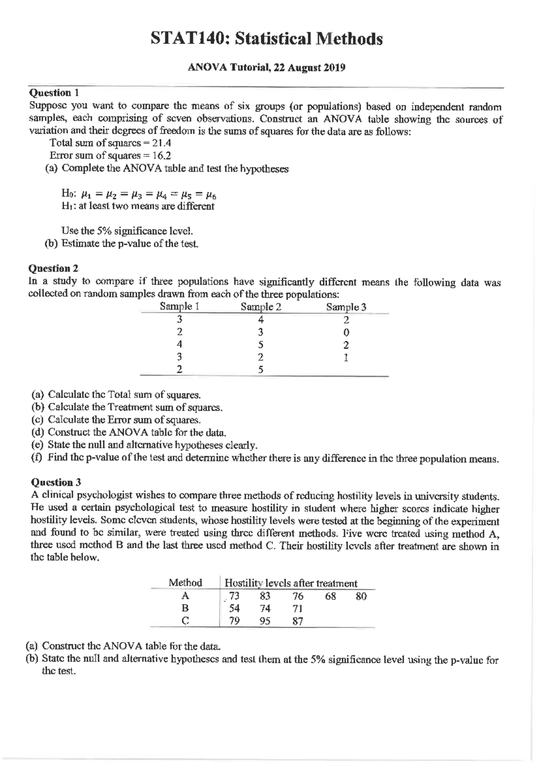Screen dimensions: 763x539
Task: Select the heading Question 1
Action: point(54,93)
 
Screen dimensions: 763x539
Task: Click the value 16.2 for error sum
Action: point(162,156)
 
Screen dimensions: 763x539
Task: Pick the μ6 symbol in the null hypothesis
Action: point(212,195)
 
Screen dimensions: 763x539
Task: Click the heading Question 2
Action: point(53,268)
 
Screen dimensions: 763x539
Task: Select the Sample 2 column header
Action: point(261,307)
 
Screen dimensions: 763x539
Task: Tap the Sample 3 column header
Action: point(346,307)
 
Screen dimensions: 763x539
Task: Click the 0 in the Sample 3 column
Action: point(346,333)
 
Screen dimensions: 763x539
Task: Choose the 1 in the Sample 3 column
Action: point(346,358)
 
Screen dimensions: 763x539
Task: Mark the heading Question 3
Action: point(56,482)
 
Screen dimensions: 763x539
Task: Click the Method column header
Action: point(185,583)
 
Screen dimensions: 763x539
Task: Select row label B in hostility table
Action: point(185,608)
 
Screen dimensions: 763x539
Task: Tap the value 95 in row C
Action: point(265,621)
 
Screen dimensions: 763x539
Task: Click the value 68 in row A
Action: point(331,596)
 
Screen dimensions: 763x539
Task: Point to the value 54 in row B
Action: point(234,608)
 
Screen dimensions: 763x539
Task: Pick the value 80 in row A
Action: point(361,596)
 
